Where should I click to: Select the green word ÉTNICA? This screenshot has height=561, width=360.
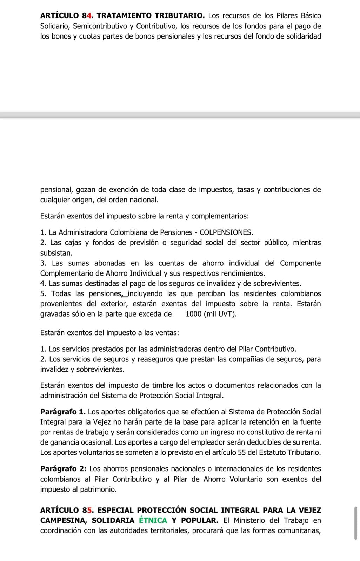(153, 520)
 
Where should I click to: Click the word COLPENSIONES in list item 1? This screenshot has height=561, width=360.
(226, 232)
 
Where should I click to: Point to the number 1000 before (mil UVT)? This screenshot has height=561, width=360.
(193, 314)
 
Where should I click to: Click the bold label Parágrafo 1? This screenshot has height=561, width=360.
(63, 412)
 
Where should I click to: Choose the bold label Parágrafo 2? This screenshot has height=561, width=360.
(63, 469)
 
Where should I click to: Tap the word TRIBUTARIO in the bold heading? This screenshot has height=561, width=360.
(180, 16)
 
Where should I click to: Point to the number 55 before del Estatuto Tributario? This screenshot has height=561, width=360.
(242, 452)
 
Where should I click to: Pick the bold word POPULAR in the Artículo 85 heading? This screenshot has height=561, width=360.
(199, 520)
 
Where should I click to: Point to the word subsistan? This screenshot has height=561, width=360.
(56, 253)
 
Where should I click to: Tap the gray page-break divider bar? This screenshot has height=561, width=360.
(180, 115)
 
